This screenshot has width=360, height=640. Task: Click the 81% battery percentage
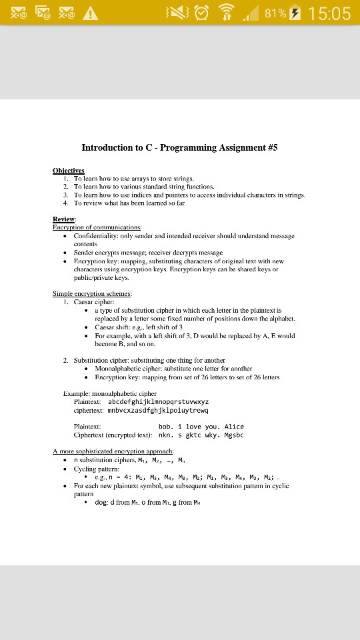click(x=275, y=13)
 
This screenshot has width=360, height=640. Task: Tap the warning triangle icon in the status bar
click(x=90, y=13)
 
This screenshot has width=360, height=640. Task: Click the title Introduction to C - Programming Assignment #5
click(x=179, y=148)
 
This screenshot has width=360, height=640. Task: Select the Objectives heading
click(x=69, y=171)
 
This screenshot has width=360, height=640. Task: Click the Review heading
click(x=64, y=219)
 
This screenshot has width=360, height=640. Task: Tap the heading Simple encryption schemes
click(x=92, y=293)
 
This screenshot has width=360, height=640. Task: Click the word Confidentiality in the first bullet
click(x=95, y=236)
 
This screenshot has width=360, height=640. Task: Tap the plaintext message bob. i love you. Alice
click(x=201, y=427)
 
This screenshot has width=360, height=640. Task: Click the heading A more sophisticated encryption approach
click(x=113, y=452)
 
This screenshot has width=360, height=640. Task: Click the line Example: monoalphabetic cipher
click(x=109, y=394)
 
